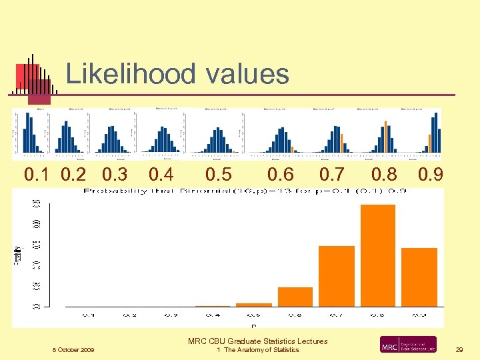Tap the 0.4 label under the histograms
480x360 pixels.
[x=161, y=175]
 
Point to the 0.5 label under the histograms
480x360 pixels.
[x=219, y=175]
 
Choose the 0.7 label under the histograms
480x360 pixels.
[x=331, y=175]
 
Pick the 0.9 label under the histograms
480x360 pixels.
[x=431, y=175]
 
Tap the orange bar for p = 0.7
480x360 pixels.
[x=337, y=276]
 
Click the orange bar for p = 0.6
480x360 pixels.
[x=295, y=297]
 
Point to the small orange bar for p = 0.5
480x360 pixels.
[x=254, y=305]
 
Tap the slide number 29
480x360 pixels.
[x=459, y=350]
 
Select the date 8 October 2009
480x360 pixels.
[x=73, y=350]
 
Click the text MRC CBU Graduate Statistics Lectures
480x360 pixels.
[x=257, y=341]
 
